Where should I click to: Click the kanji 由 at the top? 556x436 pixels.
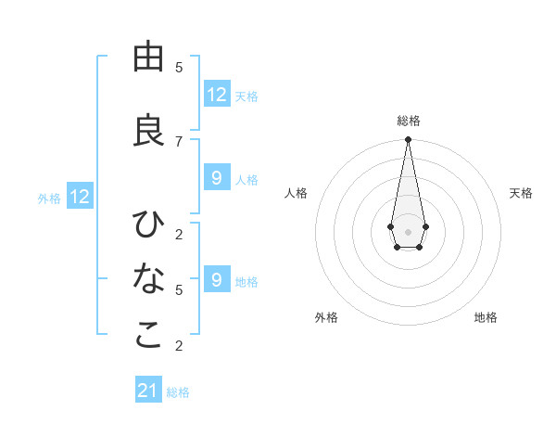(148, 57)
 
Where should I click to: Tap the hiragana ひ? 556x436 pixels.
(148, 224)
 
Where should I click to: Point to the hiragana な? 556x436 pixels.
(148, 278)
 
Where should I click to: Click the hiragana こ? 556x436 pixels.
(148, 335)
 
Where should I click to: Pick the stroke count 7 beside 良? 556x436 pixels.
(179, 141)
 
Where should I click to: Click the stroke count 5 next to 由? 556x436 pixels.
(179, 68)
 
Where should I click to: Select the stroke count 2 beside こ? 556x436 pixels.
(179, 346)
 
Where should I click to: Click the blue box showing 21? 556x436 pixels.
(148, 391)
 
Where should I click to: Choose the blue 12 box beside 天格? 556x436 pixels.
(217, 95)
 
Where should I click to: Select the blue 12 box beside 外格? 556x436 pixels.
(80, 197)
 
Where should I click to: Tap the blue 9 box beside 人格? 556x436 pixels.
(217, 178)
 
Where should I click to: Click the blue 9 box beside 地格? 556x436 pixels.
(217, 280)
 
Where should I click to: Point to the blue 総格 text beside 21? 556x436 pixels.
(178, 392)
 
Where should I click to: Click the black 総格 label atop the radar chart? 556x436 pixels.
(409, 121)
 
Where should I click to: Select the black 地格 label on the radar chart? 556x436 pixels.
(486, 317)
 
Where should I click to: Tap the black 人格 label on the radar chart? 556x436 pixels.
(297, 193)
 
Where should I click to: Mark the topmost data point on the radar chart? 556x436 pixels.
(408, 140)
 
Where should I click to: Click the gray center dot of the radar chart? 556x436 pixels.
(408, 230)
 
